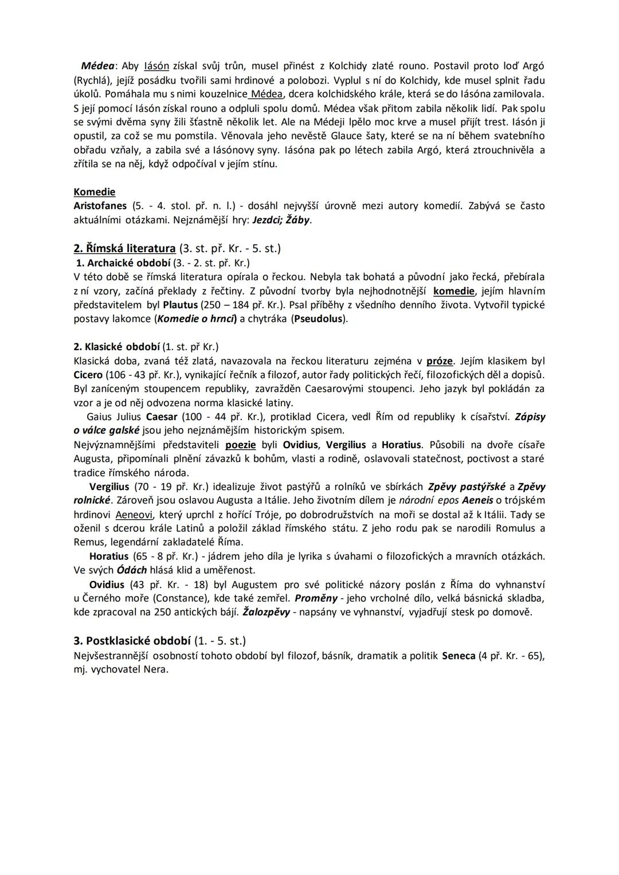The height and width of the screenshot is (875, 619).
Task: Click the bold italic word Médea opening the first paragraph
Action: [x=97, y=66]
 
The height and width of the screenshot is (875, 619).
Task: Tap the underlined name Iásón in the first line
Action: [x=156, y=66]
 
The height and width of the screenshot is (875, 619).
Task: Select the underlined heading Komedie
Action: [x=95, y=192]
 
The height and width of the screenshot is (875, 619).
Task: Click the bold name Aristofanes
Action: [x=100, y=206]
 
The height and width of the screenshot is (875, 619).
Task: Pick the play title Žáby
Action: [x=297, y=220]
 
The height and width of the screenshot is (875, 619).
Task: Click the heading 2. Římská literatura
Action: [x=124, y=248]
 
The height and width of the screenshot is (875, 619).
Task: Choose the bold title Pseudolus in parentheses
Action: [x=319, y=319]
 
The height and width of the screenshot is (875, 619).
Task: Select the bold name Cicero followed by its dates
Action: [x=88, y=375]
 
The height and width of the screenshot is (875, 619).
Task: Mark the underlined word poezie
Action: [x=240, y=445]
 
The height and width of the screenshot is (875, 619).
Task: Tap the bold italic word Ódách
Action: [x=132, y=570]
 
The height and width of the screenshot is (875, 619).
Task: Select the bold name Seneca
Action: [x=459, y=656]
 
